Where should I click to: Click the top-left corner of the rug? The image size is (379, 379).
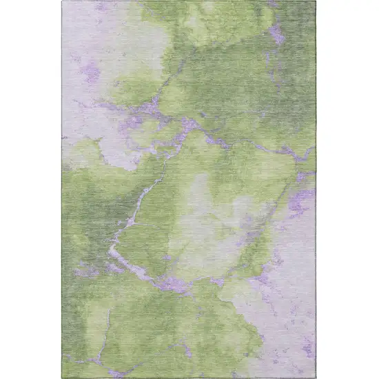click(x=62, y=1)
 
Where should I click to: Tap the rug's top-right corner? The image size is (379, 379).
click(x=316, y=1)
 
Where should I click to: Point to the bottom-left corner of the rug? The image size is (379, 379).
click(x=62, y=378)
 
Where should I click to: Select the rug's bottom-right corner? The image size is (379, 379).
click(x=316, y=378)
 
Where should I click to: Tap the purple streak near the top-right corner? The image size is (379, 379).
click(x=277, y=32)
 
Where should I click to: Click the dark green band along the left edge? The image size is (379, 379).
click(x=72, y=207)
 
